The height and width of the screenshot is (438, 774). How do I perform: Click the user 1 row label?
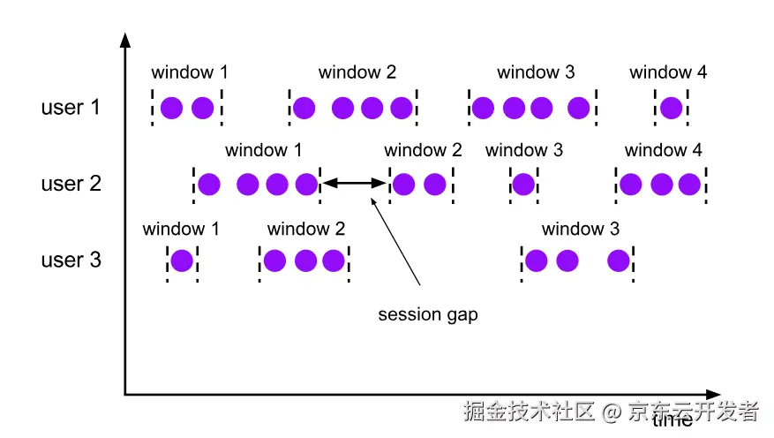tap(71, 108)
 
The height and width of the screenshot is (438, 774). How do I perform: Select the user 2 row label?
tap(71, 184)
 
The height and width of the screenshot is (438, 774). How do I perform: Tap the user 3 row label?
tap(71, 261)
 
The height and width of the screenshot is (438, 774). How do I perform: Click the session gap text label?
tap(428, 314)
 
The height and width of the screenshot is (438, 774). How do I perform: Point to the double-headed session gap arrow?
tap(354, 184)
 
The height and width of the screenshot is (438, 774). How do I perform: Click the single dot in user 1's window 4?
tap(671, 109)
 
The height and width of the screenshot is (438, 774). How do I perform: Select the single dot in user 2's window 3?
tap(523, 185)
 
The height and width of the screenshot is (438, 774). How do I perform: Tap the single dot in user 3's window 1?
tap(182, 261)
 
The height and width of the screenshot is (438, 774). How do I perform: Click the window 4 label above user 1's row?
tap(668, 72)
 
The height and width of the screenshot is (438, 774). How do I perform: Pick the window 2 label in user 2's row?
tap(423, 150)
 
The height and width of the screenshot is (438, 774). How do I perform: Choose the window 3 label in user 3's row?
tap(581, 230)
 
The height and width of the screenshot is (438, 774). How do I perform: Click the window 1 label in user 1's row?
tap(190, 72)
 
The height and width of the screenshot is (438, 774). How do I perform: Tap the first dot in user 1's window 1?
tap(172, 109)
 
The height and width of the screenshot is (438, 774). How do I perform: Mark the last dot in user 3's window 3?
tap(619, 261)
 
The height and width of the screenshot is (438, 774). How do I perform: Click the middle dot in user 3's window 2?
tap(304, 261)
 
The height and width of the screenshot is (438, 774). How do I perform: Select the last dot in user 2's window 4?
tap(689, 185)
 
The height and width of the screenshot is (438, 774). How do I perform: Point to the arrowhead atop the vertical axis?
tap(125, 40)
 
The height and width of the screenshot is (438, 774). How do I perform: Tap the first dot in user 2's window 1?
tap(209, 185)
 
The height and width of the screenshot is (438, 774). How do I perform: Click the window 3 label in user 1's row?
tap(536, 72)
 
